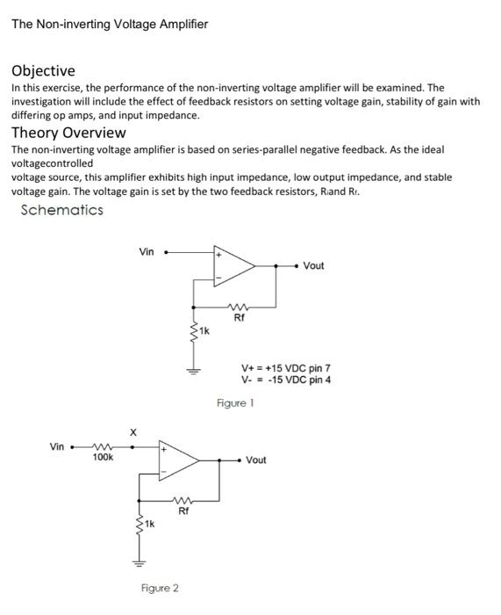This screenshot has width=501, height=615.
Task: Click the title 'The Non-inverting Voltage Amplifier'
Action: pyautogui.click(x=110, y=24)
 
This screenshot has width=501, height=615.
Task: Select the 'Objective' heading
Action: pyautogui.click(x=43, y=70)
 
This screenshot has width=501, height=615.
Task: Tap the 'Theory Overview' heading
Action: pyautogui.click(x=68, y=133)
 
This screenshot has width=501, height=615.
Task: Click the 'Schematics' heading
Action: pyautogui.click(x=61, y=210)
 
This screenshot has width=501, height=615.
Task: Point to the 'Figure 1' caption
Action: pyautogui.click(x=235, y=402)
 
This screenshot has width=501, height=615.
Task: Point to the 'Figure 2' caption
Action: pyautogui.click(x=160, y=588)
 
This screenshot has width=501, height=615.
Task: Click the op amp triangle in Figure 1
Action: pyautogui.click(x=234, y=265)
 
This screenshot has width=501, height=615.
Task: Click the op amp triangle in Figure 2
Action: pyautogui.click(x=177, y=459)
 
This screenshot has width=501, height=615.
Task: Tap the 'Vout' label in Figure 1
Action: pyautogui.click(x=313, y=265)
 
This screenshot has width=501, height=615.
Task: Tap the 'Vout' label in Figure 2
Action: pyautogui.click(x=256, y=460)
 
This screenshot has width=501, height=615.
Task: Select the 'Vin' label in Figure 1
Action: pyautogui.click(x=147, y=252)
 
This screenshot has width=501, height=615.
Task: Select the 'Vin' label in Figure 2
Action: pyautogui.click(x=57, y=446)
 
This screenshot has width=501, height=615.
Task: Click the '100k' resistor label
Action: pyautogui.click(x=103, y=458)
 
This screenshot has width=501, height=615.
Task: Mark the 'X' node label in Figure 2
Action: pyautogui.click(x=133, y=431)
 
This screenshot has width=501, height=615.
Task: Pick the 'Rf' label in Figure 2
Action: pyautogui.click(x=183, y=510)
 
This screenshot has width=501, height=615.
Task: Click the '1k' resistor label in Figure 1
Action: pyautogui.click(x=204, y=331)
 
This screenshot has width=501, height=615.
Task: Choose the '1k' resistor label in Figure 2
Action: pyautogui.click(x=149, y=525)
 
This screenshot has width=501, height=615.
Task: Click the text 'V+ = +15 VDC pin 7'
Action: pyautogui.click(x=286, y=367)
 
